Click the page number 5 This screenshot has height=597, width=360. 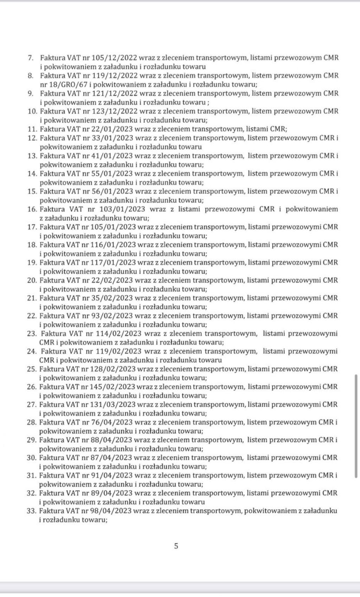tap(176, 546)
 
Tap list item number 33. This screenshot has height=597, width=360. tap(32, 511)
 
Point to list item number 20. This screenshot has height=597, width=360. tap(32, 280)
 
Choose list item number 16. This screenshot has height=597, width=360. tap(32, 209)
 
